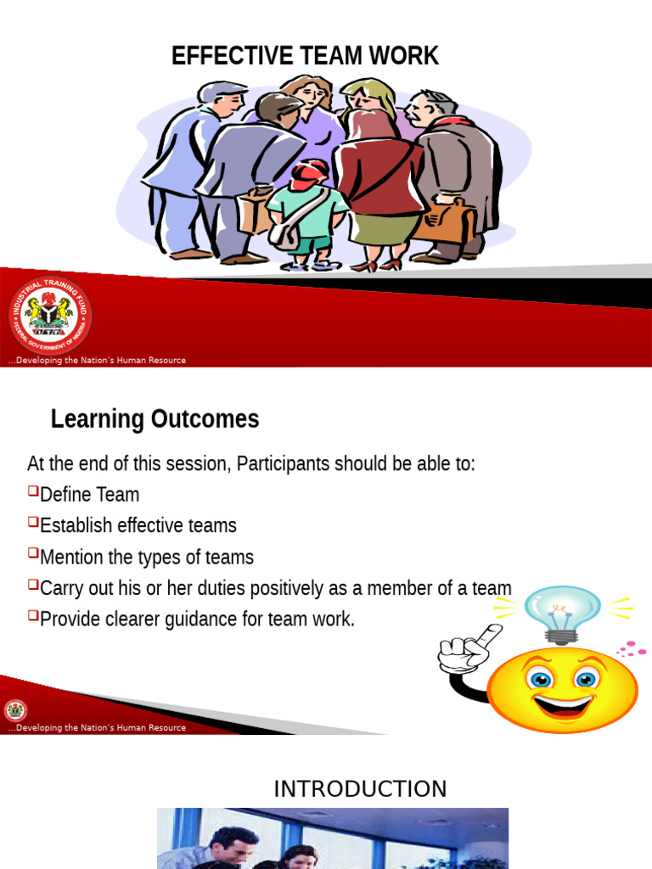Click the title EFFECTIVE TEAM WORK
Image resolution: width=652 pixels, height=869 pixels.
[305, 56]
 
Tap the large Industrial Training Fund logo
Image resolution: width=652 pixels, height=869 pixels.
[50, 316]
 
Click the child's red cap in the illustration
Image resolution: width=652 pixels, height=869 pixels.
[309, 173]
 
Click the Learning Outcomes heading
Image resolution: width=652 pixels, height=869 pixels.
[155, 419]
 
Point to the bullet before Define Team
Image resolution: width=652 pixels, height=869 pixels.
[32, 491]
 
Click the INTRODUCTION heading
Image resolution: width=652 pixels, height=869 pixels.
[360, 789]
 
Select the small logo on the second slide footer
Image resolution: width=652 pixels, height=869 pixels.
[15, 711]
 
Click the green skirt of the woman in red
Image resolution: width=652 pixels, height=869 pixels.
[374, 227]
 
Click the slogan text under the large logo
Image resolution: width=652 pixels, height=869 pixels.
[97, 361]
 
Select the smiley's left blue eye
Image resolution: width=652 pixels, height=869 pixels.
[540, 679]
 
